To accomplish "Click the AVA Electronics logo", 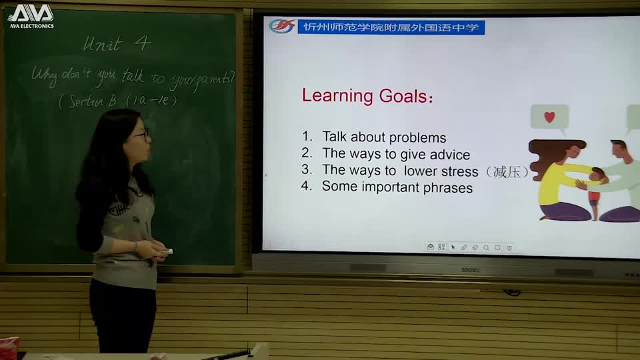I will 30,16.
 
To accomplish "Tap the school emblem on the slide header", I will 282,27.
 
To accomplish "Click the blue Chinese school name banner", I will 391,27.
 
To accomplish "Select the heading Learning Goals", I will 367,96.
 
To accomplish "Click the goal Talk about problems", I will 384,138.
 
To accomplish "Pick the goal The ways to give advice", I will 396,155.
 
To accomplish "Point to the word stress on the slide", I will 459,171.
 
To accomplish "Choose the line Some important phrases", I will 397,187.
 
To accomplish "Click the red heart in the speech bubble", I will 549,117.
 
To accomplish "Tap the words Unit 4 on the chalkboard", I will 117,44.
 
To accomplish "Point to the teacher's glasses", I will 142,135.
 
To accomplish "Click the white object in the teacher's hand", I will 165,251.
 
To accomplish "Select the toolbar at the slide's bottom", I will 469,247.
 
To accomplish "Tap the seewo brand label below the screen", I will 470,270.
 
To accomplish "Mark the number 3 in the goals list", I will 306,170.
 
